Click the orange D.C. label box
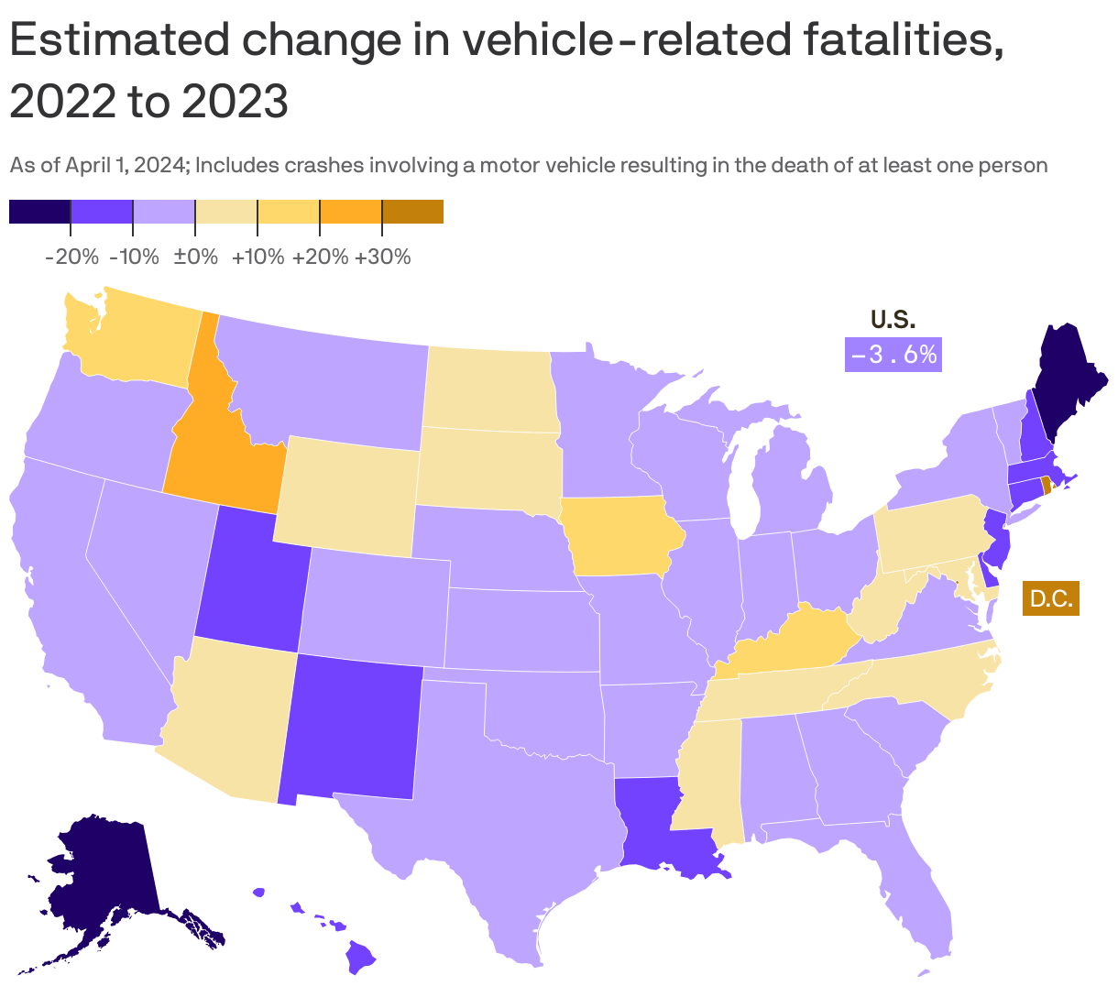tap(1050, 599)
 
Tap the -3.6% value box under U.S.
tap(893, 355)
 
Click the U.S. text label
tap(893, 320)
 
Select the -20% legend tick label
tap(71, 257)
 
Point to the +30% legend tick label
tap(382, 257)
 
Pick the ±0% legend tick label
tap(195, 257)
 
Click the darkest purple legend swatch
tap(39, 212)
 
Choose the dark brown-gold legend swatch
tap(412, 212)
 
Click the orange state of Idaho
tap(220, 449)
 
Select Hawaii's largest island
tap(361, 959)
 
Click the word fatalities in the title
tap(903, 41)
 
